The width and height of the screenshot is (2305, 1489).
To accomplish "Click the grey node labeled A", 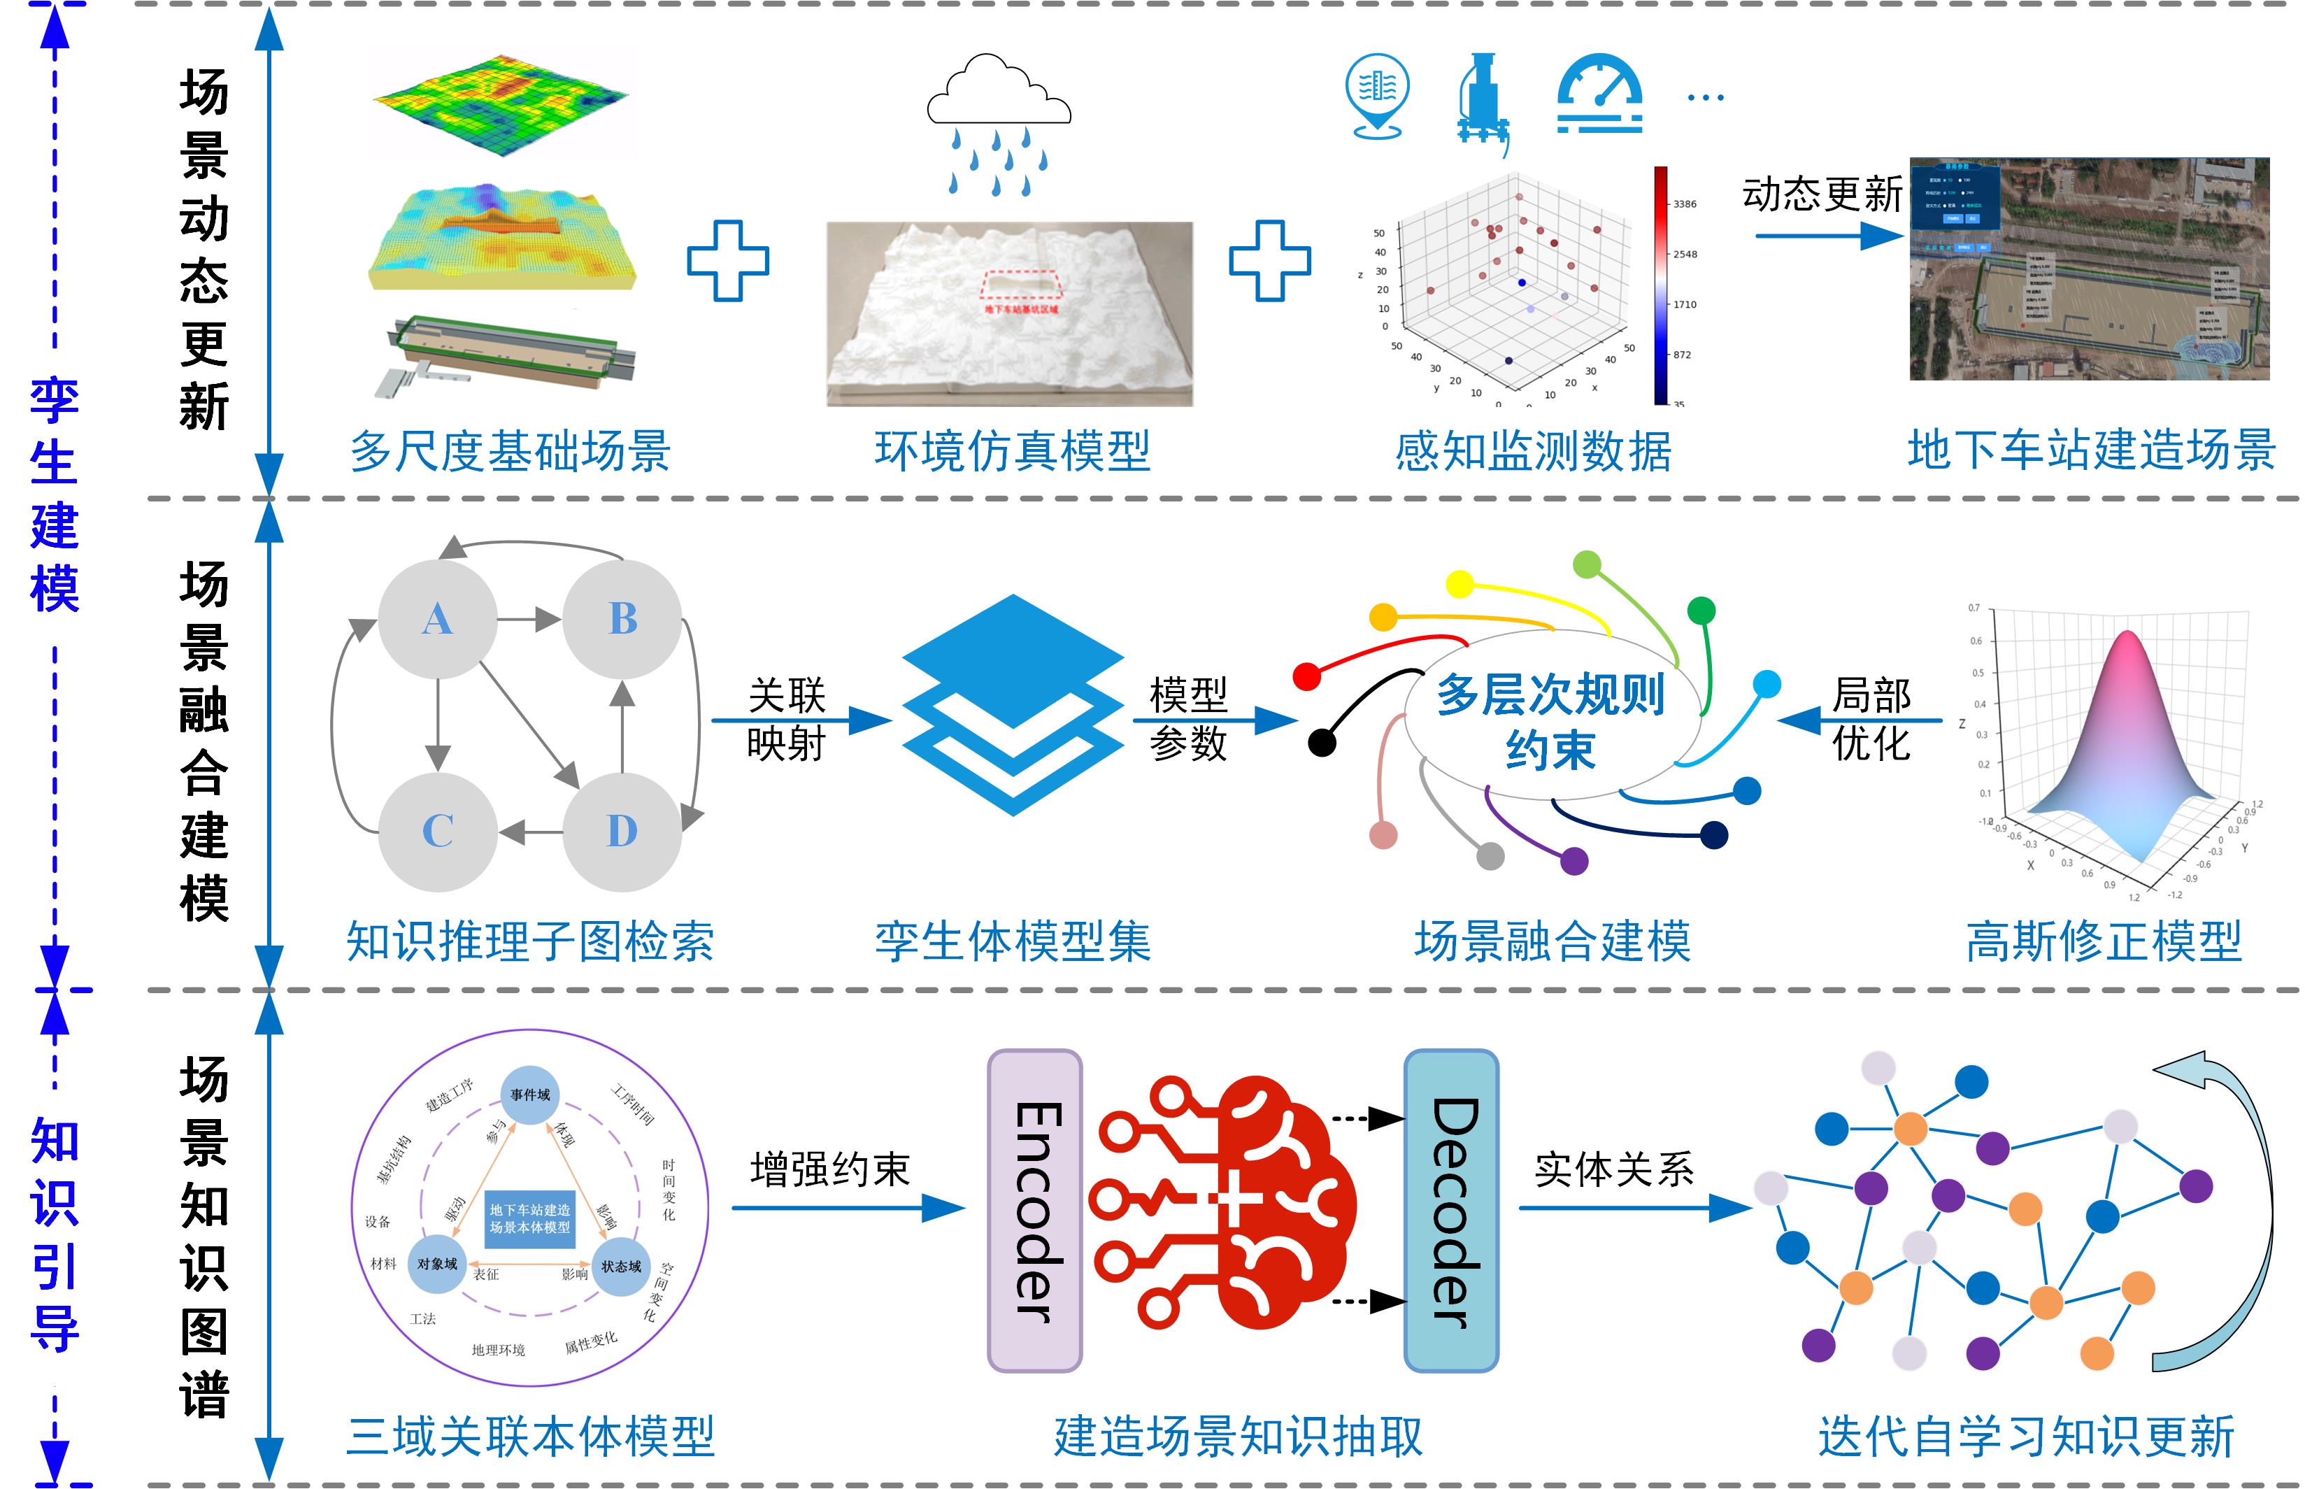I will click(437, 619).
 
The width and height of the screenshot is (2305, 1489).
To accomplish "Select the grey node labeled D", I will click(622, 831).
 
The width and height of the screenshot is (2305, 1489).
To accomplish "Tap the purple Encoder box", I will click(1034, 1211).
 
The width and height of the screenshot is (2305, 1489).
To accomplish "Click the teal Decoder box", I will click(1450, 1211).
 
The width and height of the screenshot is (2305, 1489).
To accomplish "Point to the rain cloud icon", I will click(999, 94).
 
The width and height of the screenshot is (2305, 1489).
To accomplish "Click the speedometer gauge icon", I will click(1599, 94).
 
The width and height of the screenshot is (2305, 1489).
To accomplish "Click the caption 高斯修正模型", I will click(2104, 941).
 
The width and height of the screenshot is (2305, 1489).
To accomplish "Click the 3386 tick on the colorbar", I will click(1684, 204).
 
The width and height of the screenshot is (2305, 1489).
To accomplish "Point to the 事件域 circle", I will click(530, 1095).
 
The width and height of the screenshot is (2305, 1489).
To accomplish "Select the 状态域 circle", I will click(621, 1266).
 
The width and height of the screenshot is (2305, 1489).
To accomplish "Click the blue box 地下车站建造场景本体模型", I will click(530, 1218).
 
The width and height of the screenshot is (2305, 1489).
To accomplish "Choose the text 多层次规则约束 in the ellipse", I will click(1549, 720).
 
